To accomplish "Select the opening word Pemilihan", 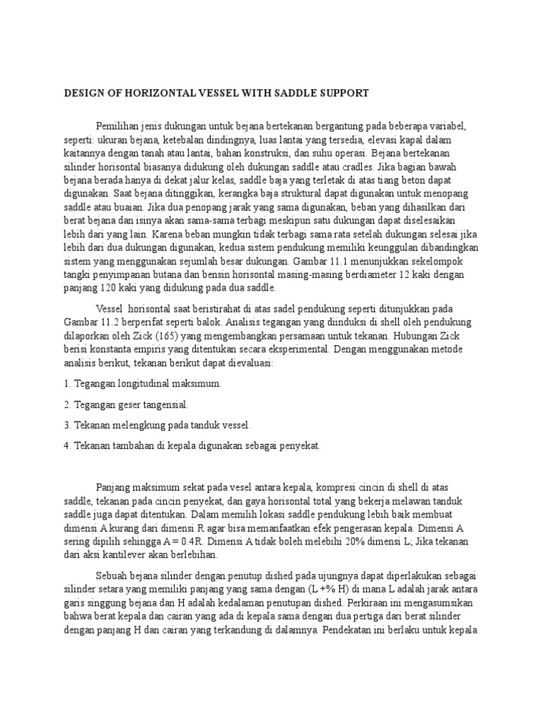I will pyautogui.click(x=117, y=126).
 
